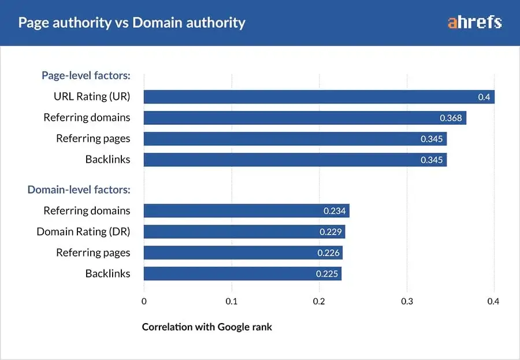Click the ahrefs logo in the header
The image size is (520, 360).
coord(474,23)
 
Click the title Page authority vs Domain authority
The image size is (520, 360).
coord(132,23)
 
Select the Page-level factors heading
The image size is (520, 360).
coord(86,75)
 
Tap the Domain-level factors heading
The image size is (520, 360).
coord(79,189)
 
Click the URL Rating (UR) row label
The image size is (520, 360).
coord(92,97)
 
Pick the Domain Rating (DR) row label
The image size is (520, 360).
coord(83,232)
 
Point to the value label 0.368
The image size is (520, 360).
coord(451,118)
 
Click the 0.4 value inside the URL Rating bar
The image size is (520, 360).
coord(484,97)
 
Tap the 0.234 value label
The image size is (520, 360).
coord(335,211)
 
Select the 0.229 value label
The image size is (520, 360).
coord(330,232)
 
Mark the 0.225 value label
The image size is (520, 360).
coord(327,274)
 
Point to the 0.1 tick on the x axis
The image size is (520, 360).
coord(232,301)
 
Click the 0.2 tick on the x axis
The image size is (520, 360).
coord(319,301)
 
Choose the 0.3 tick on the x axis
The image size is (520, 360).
coord(407,301)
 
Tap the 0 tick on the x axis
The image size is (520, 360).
coord(144,301)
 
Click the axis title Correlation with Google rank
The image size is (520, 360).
coord(207,327)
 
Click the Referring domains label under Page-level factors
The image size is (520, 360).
coord(87,117)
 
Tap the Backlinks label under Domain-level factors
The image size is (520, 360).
coord(107,273)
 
